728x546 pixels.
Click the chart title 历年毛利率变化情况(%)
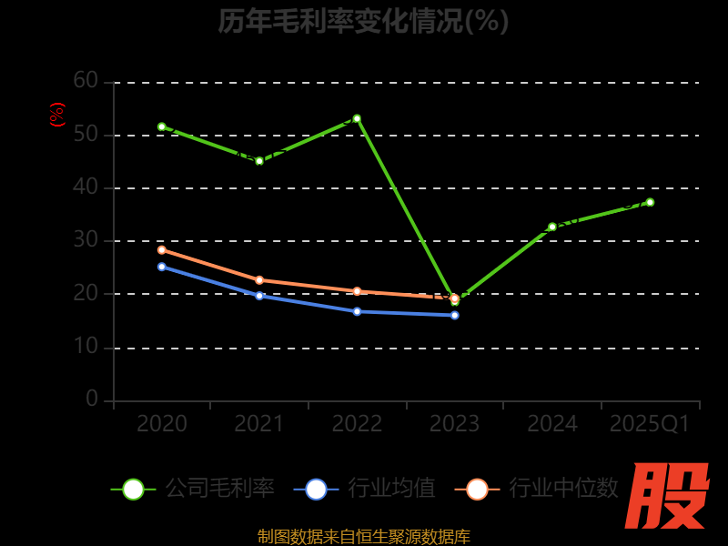pos(363,20)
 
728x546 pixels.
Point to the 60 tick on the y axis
pos(86,81)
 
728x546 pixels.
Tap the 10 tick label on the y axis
pos(86,347)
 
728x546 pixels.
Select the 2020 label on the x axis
pos(162,423)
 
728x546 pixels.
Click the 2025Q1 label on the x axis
pos(650,423)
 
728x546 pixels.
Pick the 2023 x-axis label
pos(454,423)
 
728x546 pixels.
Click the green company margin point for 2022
pos(357,118)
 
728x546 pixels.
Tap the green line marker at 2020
pos(162,126)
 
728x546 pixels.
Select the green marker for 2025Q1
pos(650,202)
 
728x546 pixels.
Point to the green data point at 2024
pos(552,227)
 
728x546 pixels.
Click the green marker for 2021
pos(259,161)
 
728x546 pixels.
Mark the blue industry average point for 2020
pos(162,267)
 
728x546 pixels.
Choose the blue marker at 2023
pos(455,315)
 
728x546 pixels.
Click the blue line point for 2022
pos(357,311)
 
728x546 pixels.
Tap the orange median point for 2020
pos(162,249)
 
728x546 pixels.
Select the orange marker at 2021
pos(259,280)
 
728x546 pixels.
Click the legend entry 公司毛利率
pos(193,489)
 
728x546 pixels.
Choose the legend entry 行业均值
pos(365,489)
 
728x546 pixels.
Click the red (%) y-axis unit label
pos(57,115)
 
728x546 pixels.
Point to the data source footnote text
pos(363,536)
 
